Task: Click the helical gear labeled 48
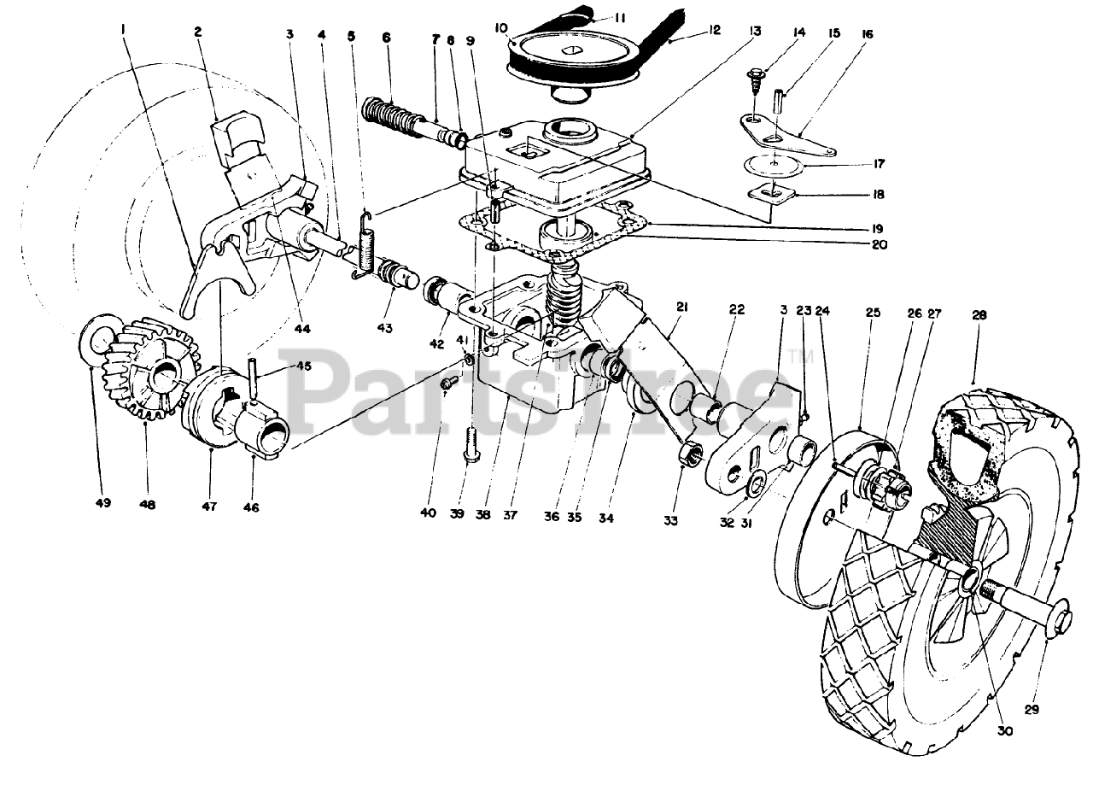pyautogui.click(x=149, y=367)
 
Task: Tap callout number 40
pyautogui.click(x=427, y=513)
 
